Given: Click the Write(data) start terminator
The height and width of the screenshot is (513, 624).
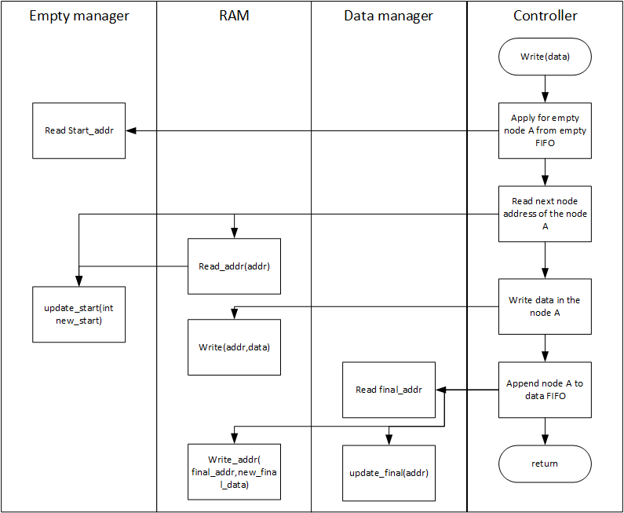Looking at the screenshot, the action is (x=545, y=57).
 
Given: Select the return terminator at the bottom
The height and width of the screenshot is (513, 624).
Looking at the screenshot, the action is (x=545, y=464).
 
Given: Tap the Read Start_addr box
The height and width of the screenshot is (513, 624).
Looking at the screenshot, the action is (x=78, y=130).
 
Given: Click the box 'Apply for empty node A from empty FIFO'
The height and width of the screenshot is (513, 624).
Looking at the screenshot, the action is (x=545, y=130).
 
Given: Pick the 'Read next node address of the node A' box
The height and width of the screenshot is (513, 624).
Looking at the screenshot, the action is (x=545, y=214).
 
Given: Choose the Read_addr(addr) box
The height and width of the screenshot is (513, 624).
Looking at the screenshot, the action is (x=234, y=266).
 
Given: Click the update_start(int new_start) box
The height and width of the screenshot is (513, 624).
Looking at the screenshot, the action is (x=78, y=314).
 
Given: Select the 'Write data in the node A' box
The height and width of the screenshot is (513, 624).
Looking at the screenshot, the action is (x=545, y=306).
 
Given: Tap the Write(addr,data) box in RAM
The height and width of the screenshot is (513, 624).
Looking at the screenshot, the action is (x=234, y=347).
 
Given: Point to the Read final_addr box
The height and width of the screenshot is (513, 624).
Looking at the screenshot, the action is (x=389, y=390).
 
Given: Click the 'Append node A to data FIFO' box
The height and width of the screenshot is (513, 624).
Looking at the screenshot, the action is (x=545, y=390).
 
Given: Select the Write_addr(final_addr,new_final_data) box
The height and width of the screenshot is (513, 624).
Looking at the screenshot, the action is (x=234, y=472).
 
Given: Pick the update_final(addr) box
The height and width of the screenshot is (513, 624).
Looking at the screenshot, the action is (x=389, y=473).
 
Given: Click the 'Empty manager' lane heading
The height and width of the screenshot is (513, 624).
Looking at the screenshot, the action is (x=79, y=16).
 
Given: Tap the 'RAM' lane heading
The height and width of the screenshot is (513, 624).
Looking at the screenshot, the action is (x=234, y=16).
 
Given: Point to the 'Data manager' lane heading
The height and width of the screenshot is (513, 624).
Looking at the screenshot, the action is (x=389, y=16).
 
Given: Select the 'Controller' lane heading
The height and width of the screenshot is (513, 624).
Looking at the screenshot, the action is (x=546, y=16).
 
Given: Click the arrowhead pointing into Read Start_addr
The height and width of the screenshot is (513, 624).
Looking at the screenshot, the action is (x=131, y=130).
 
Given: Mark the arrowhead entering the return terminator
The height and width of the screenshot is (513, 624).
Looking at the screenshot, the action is (x=545, y=440).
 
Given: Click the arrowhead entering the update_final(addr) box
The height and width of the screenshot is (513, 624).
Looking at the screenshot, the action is (x=389, y=440).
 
